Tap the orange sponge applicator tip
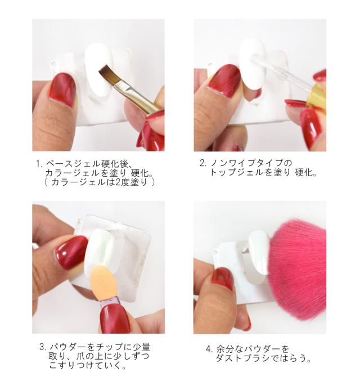(102, 281)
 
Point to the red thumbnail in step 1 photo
(62, 89)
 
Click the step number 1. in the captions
(39, 164)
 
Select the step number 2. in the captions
(203, 163)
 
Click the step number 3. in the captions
(43, 347)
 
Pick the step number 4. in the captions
(209, 349)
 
